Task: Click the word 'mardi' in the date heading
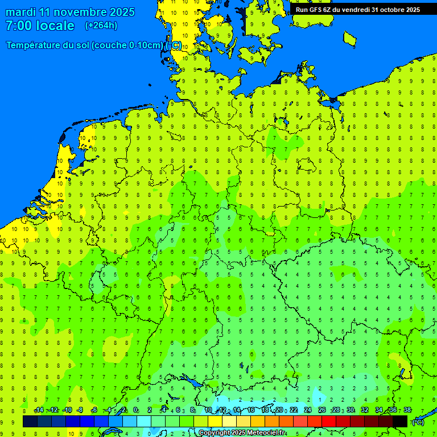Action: [x=20, y=12]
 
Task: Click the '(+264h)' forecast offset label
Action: [x=101, y=26]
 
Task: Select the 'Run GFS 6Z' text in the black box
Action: [x=315, y=9]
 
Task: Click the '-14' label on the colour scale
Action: [x=39, y=410]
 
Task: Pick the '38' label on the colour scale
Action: [x=407, y=410]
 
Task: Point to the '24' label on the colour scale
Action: [x=308, y=410]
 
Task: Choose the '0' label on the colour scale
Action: [x=135, y=410]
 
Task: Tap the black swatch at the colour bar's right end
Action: [x=400, y=421]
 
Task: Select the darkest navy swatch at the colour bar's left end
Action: [x=30, y=421]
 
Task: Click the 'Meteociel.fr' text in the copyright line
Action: [x=266, y=433]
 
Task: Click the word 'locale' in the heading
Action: [x=55, y=26]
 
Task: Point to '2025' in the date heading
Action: [x=122, y=12]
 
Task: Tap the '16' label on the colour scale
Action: [x=251, y=410]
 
